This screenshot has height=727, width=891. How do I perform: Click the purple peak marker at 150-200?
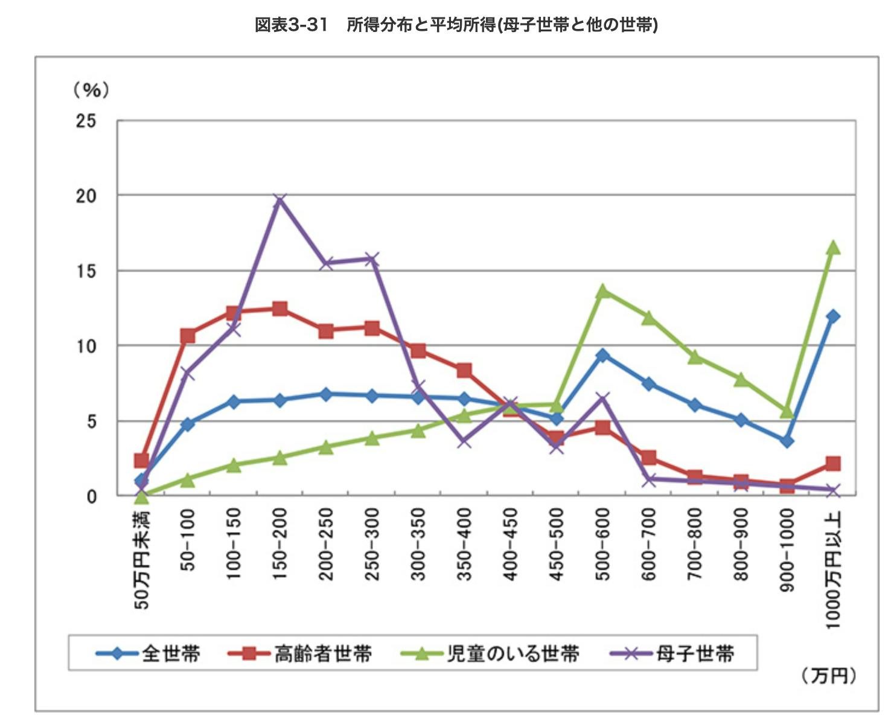pos(279,200)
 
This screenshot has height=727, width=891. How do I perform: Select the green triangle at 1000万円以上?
pos(833,248)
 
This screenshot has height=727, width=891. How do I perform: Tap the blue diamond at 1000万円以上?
pos(833,316)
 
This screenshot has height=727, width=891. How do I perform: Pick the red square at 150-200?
pos(279,309)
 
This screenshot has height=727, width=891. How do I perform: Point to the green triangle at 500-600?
pos(602,291)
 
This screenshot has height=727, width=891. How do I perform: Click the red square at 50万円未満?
pos(141,461)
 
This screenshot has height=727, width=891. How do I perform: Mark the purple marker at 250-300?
pos(372,260)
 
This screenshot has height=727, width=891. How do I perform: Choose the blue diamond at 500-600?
pos(602,355)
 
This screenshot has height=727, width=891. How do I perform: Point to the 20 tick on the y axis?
pos(86,196)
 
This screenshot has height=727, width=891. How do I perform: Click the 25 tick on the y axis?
pos(86,121)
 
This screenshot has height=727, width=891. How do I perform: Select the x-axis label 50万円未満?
pos(141,559)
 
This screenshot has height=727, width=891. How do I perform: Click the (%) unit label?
pos(91,90)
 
